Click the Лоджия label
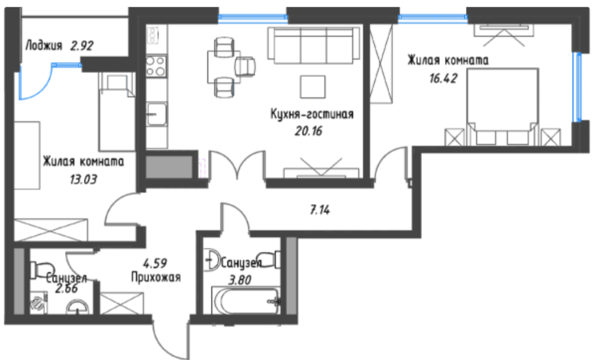pyautogui.click(x=44, y=46)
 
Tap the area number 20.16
pyautogui.click(x=308, y=131)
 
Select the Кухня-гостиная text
pyautogui.click(x=312, y=114)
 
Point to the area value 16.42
pyautogui.click(x=443, y=78)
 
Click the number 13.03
pyautogui.click(x=83, y=179)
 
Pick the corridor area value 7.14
pyautogui.click(x=320, y=209)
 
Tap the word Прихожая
pyautogui.click(x=156, y=277)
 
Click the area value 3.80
pyautogui.click(x=240, y=280)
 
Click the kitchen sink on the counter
pyautogui.click(x=157, y=114)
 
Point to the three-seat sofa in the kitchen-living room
pyautogui.click(x=314, y=45)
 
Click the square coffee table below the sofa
pyautogui.click(x=312, y=87)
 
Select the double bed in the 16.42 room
pyautogui.click(x=502, y=107)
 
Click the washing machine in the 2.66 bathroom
pyautogui.click(x=39, y=303)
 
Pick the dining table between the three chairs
pyautogui.click(x=224, y=67)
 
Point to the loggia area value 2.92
pyautogui.click(x=82, y=46)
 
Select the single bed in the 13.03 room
pyautogui.click(x=117, y=112)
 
